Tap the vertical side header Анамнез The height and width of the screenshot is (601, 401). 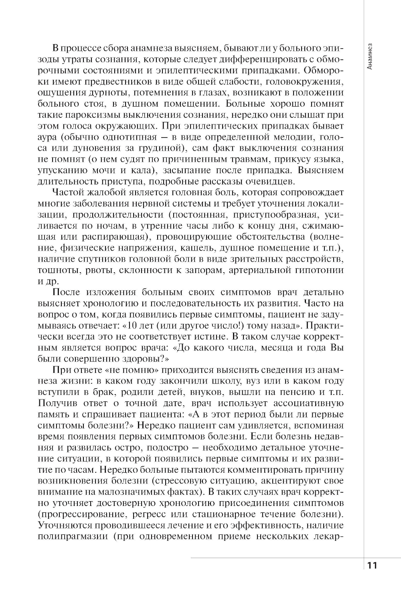[369, 56]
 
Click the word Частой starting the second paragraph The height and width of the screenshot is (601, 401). [68, 192]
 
